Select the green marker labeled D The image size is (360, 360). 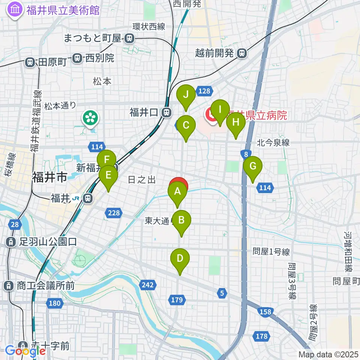[180, 258]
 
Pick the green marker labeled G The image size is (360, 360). [253, 165]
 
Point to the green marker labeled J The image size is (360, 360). [186, 94]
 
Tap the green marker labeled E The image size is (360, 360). [108, 175]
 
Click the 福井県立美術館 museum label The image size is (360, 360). [63, 10]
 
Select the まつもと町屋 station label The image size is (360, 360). [94, 38]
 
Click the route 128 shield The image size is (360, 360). [204, 91]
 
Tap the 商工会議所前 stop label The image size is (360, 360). [45, 286]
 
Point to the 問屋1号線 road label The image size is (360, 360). [271, 252]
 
